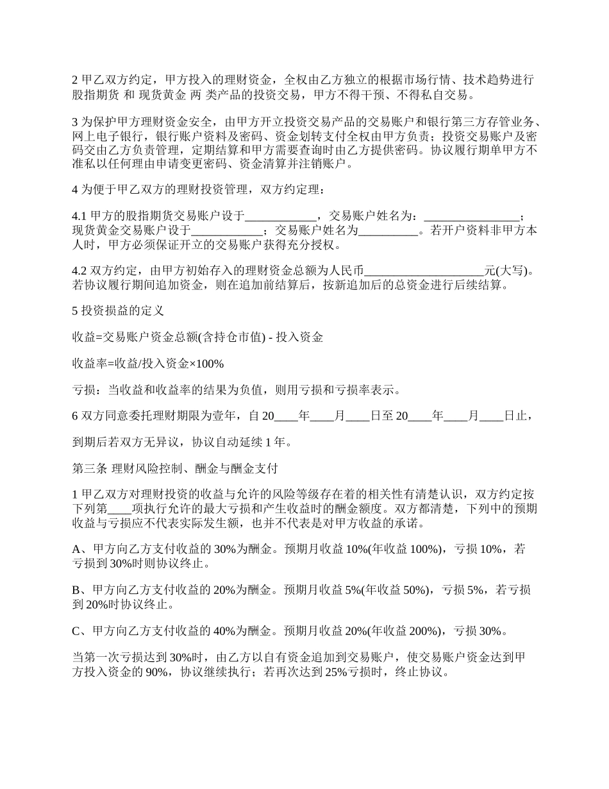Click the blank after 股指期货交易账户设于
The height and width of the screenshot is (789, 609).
tap(281, 216)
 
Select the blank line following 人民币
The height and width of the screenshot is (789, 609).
tap(424, 271)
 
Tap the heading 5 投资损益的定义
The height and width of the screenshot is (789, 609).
tap(118, 310)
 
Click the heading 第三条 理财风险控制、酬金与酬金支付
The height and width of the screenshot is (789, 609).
tap(174, 468)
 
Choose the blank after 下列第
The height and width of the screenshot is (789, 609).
tap(121, 508)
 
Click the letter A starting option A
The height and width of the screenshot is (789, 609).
tap(77, 549)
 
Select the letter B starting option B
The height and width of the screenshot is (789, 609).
tap(77, 590)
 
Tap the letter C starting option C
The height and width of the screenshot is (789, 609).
tap(77, 631)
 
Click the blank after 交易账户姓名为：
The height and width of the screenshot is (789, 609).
tap(472, 216)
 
